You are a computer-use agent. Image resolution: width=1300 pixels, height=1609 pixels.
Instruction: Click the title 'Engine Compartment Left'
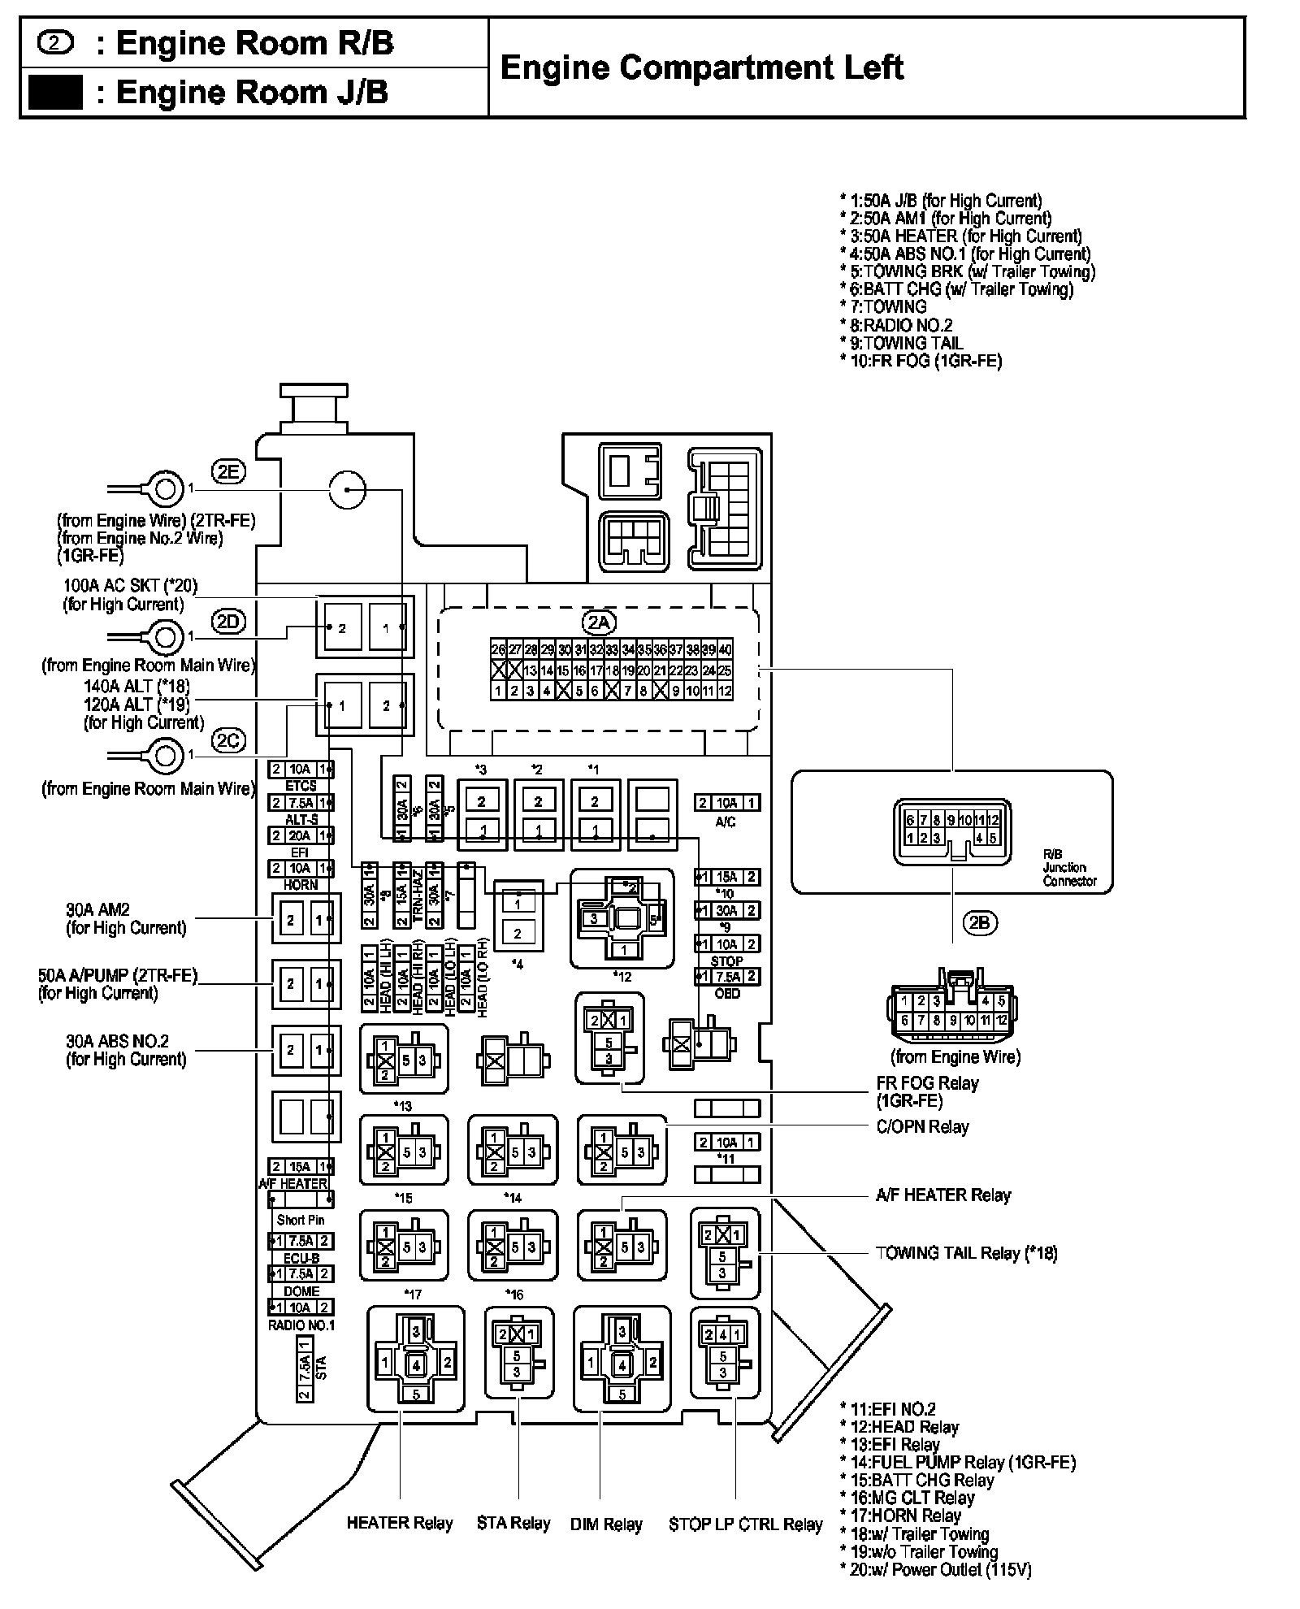click(x=701, y=67)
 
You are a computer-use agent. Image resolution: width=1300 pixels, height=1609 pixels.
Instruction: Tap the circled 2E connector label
click(x=228, y=471)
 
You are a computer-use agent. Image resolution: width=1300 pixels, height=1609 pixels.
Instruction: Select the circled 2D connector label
click(x=228, y=621)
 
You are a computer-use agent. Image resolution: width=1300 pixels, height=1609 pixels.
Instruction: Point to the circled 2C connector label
click(x=228, y=740)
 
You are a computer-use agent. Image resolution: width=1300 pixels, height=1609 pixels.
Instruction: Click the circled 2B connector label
click(x=980, y=922)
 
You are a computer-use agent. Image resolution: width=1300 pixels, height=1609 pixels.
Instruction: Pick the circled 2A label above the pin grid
click(x=599, y=622)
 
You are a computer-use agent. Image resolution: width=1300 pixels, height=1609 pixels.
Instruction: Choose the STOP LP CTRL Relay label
click(x=745, y=1524)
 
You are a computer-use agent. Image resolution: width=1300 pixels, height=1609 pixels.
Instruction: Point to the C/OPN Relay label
click(x=922, y=1126)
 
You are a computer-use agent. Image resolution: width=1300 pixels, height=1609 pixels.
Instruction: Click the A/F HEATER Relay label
click(x=943, y=1195)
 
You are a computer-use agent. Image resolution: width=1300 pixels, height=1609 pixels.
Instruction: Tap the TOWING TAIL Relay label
click(x=966, y=1252)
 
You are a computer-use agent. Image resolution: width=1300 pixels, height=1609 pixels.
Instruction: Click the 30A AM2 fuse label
click(x=126, y=918)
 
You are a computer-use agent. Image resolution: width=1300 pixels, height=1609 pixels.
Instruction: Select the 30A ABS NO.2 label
click(x=126, y=1049)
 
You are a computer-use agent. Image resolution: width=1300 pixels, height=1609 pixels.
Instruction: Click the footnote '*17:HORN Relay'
click(x=900, y=1515)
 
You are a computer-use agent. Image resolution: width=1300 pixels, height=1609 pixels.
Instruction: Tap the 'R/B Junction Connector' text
click(x=1069, y=867)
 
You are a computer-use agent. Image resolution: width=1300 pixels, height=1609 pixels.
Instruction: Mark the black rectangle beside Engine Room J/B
click(x=55, y=92)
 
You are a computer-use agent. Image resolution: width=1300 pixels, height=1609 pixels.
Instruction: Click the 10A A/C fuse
click(x=726, y=803)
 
